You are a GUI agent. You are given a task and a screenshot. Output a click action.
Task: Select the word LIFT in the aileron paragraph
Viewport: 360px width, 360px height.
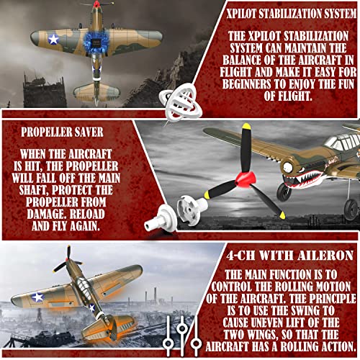tap(314, 312)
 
